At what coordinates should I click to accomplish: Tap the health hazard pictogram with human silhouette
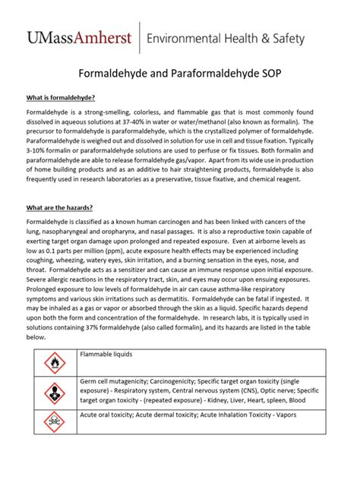[x=53, y=393]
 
